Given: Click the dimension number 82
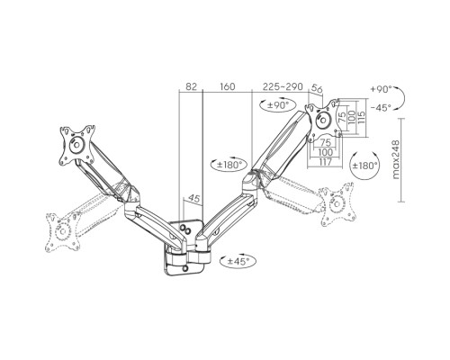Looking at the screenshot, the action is click(x=192, y=86).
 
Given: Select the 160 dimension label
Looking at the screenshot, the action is click(x=228, y=86).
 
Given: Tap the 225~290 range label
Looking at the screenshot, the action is click(x=283, y=86).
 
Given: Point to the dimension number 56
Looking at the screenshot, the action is click(x=317, y=88).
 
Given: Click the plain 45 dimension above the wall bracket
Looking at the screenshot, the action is click(x=193, y=198).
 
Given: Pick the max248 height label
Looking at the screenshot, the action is click(x=396, y=159).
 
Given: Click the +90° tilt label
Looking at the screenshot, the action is click(x=381, y=89).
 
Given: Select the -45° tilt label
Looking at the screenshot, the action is click(x=381, y=108).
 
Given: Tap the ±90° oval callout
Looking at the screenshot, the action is click(x=278, y=105).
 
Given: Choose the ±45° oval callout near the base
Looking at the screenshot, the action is click(x=238, y=261).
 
